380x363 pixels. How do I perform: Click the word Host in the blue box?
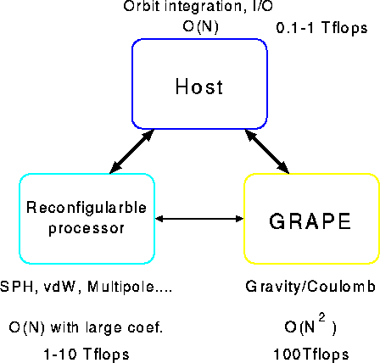(199, 87)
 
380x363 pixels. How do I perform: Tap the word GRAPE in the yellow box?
(310, 221)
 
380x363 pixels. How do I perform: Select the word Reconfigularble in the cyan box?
(87, 207)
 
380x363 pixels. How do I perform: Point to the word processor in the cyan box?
(87, 228)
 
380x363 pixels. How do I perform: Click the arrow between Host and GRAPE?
(267, 151)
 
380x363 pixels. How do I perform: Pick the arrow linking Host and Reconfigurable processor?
(131, 151)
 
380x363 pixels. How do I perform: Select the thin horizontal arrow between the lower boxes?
(199, 219)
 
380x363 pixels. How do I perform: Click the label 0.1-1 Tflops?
(321, 28)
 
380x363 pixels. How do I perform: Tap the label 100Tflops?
(311, 354)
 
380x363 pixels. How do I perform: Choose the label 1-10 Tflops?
(87, 354)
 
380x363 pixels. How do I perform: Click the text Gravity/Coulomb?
(310, 287)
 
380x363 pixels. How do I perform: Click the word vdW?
(60, 287)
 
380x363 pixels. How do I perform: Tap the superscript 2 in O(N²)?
(321, 318)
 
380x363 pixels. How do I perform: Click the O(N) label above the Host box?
(200, 27)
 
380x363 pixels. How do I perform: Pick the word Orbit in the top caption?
(137, 6)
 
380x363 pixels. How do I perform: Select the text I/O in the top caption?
(262, 6)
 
